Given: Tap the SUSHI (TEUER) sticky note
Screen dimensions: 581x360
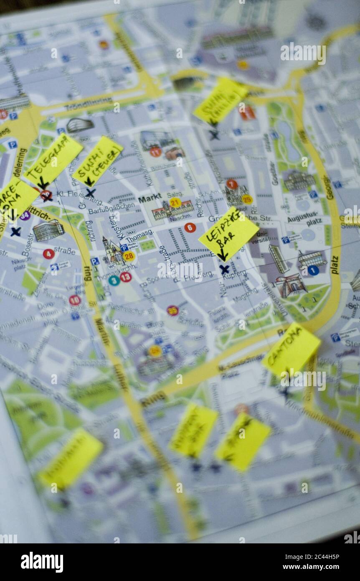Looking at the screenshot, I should click(x=98, y=161).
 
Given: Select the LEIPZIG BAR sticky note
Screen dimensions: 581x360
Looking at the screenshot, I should click(x=228, y=233).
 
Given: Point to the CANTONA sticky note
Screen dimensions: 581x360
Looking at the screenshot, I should click(x=291, y=349).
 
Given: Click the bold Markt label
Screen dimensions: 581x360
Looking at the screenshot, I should click(x=150, y=199).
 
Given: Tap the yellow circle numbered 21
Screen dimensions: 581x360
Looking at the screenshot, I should click(x=175, y=203).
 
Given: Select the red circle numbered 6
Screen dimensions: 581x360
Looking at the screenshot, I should click(x=190, y=228).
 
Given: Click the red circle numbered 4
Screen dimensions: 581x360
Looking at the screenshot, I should click(x=48, y=254).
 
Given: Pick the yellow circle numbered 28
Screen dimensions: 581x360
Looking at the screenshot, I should click(x=129, y=256).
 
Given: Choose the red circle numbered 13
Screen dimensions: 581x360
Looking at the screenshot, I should click(x=126, y=277).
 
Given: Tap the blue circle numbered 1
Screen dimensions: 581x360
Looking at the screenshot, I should click(x=313, y=270).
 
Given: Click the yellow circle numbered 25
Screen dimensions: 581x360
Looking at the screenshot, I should click(x=247, y=200).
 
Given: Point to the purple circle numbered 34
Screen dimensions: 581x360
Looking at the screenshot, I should click(x=25, y=215).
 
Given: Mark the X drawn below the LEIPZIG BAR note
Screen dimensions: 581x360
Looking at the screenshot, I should click(x=224, y=270).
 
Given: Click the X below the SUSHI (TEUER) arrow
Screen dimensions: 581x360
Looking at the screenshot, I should click(x=90, y=193).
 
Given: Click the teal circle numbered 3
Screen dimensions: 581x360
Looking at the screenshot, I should click(x=114, y=280).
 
